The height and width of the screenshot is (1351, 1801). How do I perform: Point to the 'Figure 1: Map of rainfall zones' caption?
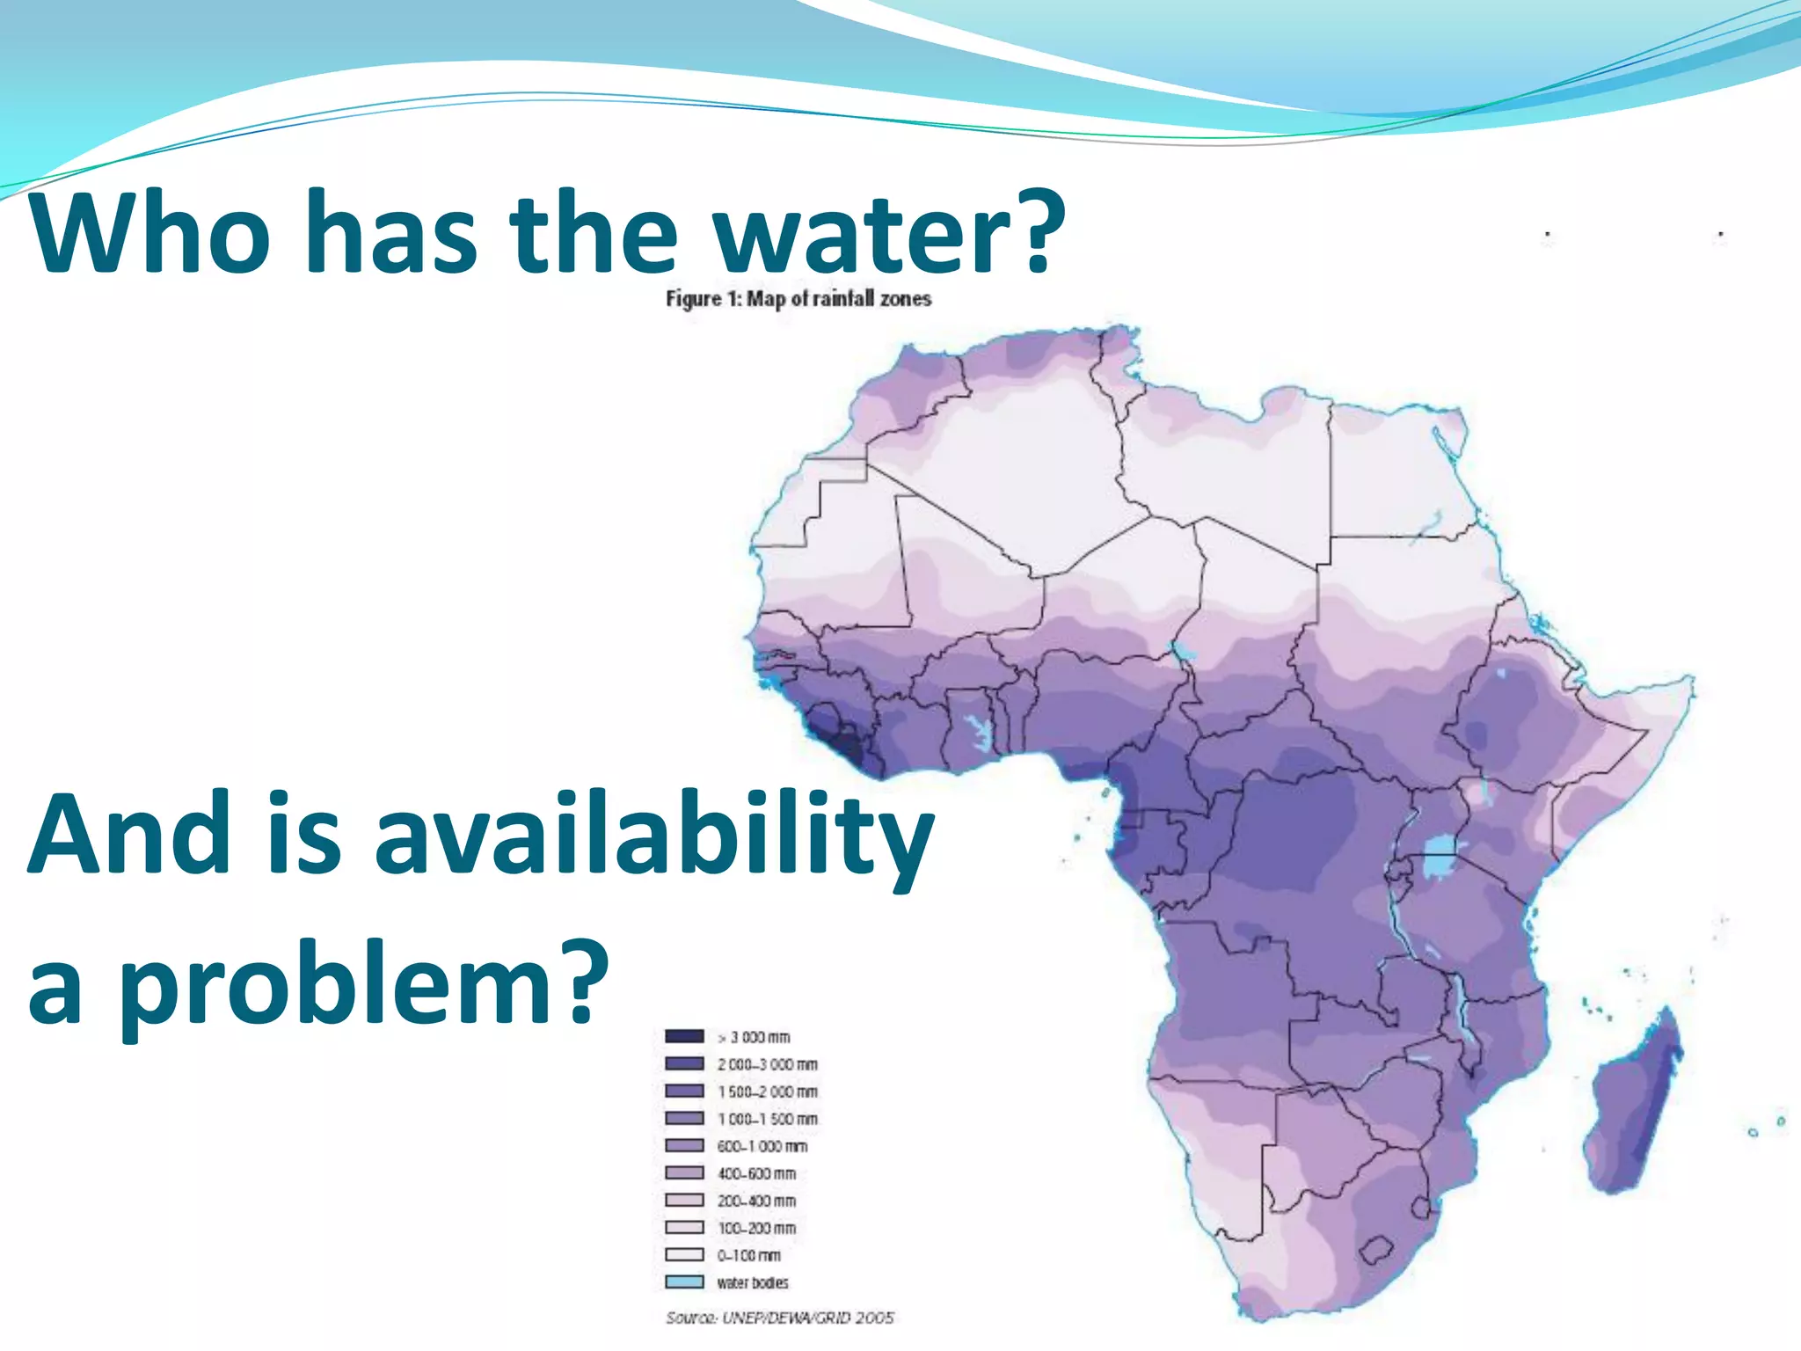pos(798,299)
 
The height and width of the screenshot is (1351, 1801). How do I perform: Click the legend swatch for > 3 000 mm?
pos(684,1036)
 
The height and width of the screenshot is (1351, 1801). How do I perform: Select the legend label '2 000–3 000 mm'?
pos(767,1064)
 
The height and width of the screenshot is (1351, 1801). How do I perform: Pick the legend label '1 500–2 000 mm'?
pos(767,1092)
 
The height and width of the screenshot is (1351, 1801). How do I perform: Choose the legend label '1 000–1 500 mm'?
pos(767,1119)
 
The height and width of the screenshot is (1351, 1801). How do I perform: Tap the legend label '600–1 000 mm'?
pos(762,1146)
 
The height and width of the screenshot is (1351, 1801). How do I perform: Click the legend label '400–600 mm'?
pos(756,1173)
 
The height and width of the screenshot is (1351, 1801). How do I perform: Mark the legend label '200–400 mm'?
pos(756,1201)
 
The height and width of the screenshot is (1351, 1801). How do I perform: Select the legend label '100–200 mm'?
pos(756,1228)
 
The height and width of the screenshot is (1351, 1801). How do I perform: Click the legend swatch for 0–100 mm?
pos(684,1255)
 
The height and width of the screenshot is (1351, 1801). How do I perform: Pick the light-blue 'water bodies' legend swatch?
pos(684,1282)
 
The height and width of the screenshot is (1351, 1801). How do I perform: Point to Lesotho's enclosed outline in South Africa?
pos(1377,1251)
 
